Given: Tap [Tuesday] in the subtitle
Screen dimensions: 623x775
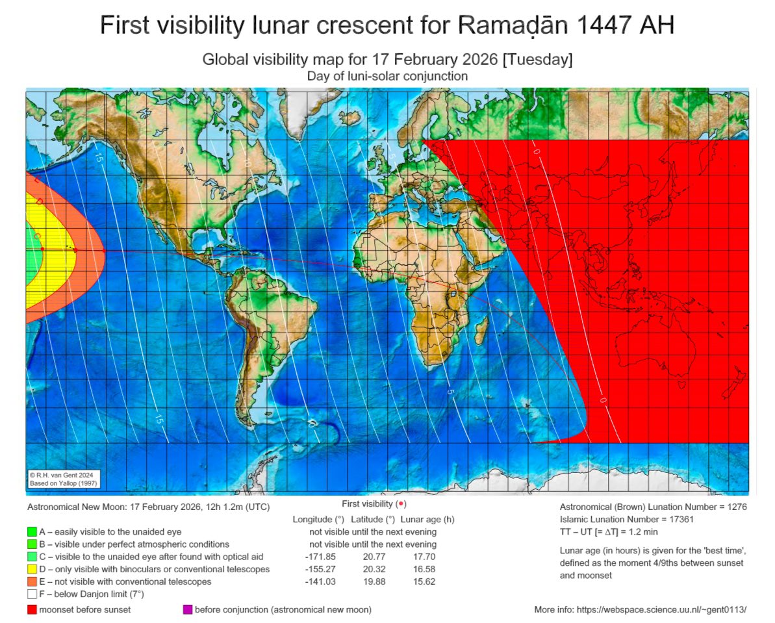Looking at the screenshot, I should point(537,60).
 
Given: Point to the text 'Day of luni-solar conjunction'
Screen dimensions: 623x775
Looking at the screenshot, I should point(387,76).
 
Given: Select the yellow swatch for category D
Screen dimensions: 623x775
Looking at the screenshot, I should point(32,569).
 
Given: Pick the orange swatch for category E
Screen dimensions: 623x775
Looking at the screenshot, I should point(32,581).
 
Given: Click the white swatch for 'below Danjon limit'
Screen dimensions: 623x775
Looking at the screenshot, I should point(32,594).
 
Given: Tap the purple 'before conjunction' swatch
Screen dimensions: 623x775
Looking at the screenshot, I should point(188,609).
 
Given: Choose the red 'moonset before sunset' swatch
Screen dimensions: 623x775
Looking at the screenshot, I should point(32,609).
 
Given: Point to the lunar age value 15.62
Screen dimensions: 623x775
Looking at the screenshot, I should point(425,581).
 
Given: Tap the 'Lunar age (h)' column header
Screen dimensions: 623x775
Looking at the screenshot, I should point(427,519).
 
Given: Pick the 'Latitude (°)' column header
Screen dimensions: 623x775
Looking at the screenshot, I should point(373,519).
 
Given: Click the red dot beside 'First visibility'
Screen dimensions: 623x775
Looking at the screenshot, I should point(401,504).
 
